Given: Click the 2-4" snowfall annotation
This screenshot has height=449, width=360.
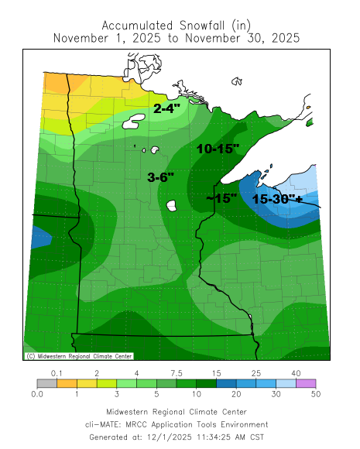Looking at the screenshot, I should (168, 109).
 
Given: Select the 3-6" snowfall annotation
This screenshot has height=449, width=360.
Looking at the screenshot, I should (161, 177).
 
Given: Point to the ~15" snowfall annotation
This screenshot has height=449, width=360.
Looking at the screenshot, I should (222, 198).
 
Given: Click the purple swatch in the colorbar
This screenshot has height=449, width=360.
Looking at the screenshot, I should (303, 382).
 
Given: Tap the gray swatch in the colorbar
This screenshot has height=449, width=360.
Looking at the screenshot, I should (46, 382).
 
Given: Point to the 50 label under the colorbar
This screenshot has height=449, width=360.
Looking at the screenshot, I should (314, 393).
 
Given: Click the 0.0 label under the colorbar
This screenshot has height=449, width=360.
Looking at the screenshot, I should (36, 393).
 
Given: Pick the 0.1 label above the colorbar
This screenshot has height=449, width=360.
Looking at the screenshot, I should (57, 373).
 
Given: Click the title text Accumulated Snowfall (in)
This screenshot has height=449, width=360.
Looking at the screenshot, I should (177, 23).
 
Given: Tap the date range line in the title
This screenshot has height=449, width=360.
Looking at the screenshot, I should (177, 37).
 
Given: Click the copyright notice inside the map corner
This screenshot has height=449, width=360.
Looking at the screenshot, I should (78, 356).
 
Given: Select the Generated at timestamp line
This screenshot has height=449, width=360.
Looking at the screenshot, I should (177, 437).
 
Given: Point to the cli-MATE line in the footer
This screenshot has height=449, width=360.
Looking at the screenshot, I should (177, 424).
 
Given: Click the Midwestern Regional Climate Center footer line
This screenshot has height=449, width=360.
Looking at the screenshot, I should (177, 412).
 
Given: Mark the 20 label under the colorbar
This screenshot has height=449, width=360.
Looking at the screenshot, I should (232, 393).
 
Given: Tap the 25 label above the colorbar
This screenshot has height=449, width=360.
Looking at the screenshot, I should (253, 373).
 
